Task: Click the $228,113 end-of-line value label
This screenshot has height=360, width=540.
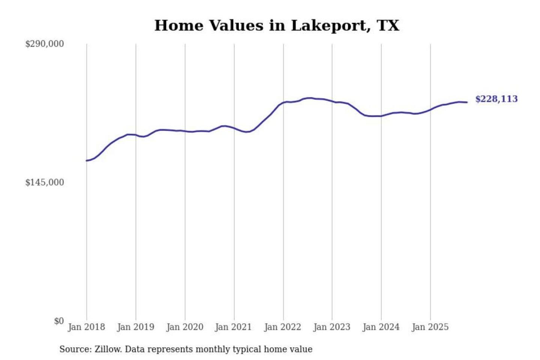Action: (x=496, y=99)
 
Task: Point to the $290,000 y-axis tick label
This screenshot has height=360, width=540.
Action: (x=45, y=44)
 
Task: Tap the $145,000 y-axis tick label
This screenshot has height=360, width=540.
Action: (x=45, y=182)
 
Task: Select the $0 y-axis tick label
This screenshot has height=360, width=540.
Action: (x=59, y=321)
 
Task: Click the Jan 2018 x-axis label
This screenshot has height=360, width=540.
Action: (x=86, y=327)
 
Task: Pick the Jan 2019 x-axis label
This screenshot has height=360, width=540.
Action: (x=135, y=327)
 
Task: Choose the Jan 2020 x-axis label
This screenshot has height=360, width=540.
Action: (x=184, y=327)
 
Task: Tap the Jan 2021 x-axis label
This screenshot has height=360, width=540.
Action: (x=233, y=327)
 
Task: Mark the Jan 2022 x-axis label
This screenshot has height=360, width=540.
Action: (x=282, y=327)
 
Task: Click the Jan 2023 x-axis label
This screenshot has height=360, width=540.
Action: (x=331, y=327)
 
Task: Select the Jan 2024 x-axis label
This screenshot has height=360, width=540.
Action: (x=381, y=327)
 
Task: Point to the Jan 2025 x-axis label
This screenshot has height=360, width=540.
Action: (x=430, y=327)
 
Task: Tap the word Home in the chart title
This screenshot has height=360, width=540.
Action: (x=178, y=25)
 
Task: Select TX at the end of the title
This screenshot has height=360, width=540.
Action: (x=388, y=25)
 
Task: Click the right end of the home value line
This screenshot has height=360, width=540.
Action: (x=467, y=102)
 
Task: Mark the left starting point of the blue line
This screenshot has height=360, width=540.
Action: (x=87, y=161)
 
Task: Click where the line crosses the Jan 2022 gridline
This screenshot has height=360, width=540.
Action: (x=283, y=102)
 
